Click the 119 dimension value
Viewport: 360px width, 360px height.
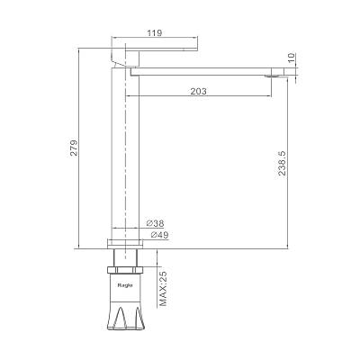coord(155,32)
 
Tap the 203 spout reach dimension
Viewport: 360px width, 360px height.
coord(199,91)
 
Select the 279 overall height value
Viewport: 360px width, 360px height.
coord(74,148)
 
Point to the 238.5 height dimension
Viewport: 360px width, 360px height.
coord(283,163)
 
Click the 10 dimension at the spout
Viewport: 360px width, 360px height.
coord(292,58)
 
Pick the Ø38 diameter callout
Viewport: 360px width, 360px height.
coord(155,223)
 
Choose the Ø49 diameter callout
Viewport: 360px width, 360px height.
coord(159,235)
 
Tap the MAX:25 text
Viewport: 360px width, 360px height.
coord(164,288)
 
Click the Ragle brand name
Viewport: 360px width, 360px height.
coord(125,285)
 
